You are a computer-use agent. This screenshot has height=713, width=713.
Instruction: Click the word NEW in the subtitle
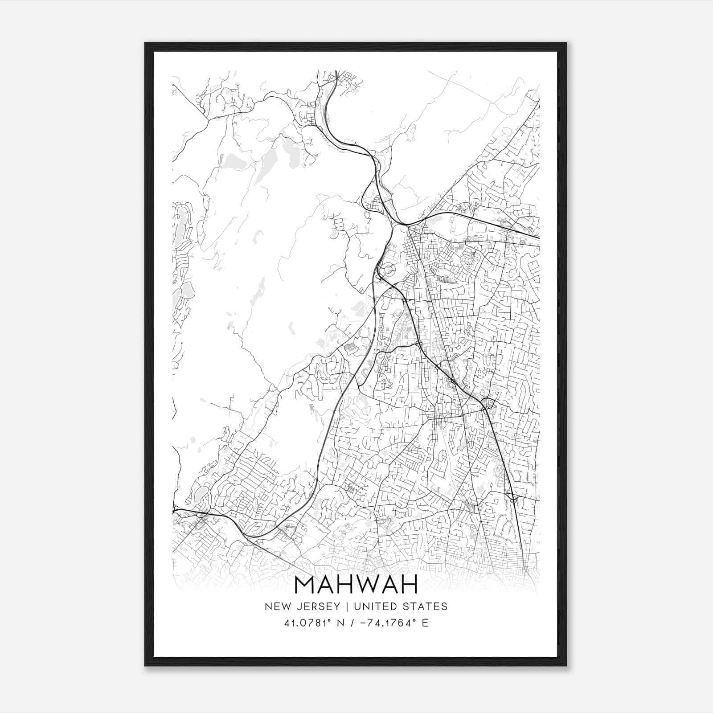point(275,606)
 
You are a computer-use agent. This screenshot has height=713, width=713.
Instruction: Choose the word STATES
point(427,606)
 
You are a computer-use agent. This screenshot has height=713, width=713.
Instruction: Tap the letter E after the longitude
point(425,623)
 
